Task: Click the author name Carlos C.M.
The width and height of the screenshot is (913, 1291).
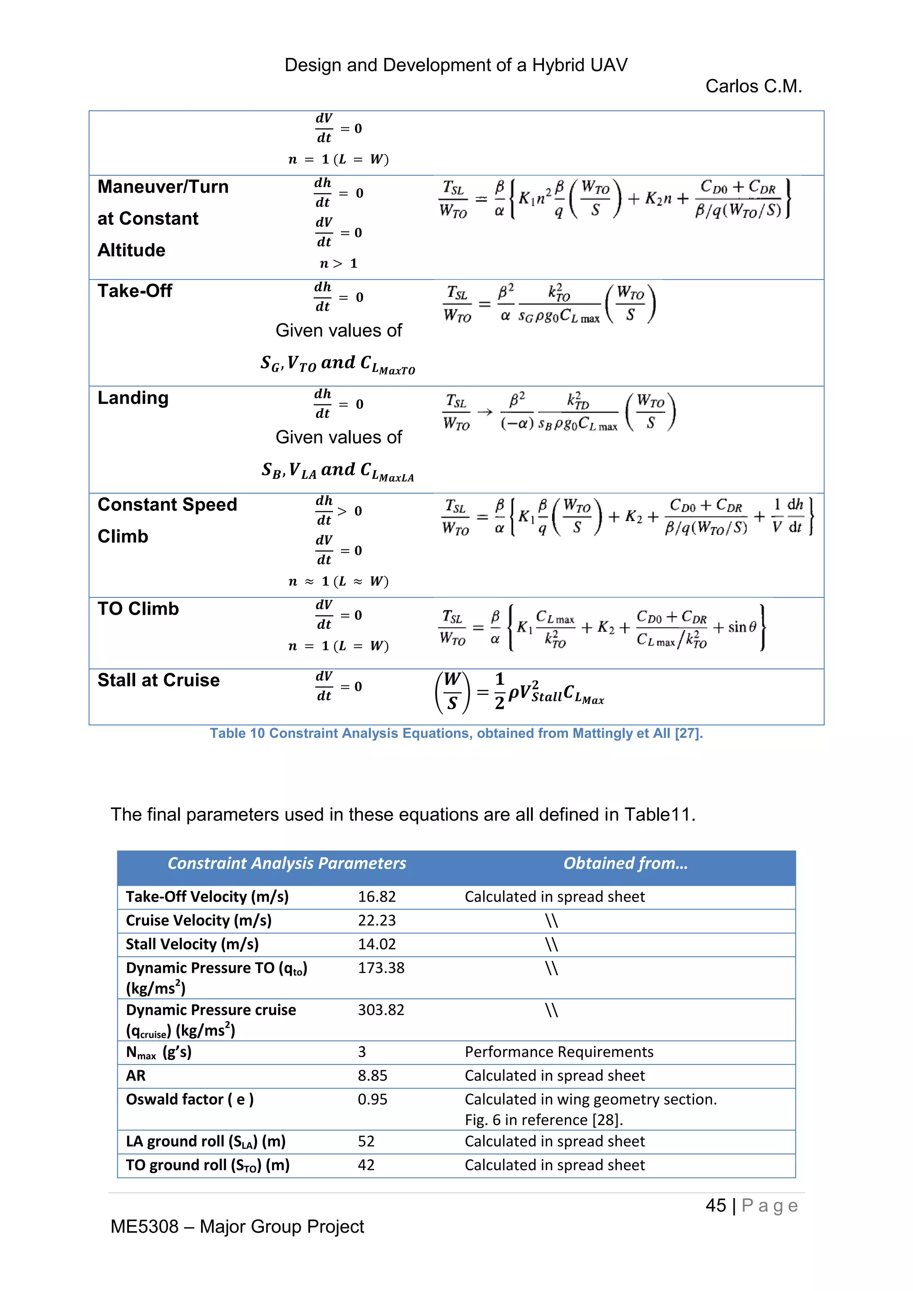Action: tap(753, 86)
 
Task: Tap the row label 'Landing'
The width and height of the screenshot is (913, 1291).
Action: tap(133, 398)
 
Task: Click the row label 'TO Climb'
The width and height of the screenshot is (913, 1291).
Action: tap(138, 608)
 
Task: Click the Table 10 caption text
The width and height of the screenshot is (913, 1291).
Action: tap(456, 733)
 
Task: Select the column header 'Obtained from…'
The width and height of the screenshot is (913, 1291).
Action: tap(625, 863)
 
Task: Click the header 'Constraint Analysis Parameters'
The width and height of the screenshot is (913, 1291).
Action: tap(287, 863)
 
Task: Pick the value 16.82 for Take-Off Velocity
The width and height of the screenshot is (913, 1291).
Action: tap(377, 897)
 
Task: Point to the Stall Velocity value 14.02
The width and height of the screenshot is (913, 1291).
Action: tap(377, 944)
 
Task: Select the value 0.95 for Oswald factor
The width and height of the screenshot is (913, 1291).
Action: tap(372, 1099)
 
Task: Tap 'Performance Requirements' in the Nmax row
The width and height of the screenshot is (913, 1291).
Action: tap(559, 1052)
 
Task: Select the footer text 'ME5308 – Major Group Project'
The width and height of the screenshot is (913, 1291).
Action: tap(237, 1226)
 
